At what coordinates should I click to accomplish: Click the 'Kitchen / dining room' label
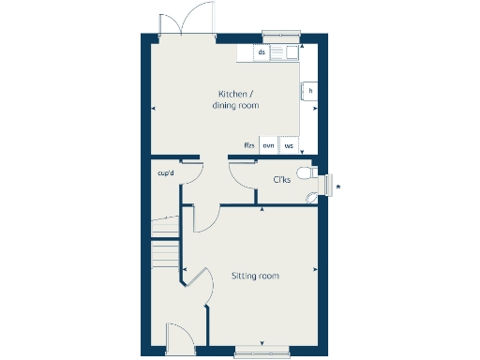(236, 100)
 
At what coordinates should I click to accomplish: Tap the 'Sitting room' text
(255, 276)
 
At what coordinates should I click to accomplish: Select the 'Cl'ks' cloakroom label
(281, 179)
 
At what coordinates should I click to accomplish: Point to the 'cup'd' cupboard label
(167, 172)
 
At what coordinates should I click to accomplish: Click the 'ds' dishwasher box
(262, 52)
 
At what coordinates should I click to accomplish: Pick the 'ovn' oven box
(268, 145)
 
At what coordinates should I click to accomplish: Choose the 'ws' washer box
(290, 145)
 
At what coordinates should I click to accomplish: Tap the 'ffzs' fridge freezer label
(248, 145)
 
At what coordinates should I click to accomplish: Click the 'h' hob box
(309, 91)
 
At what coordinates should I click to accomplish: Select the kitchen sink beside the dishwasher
(285, 52)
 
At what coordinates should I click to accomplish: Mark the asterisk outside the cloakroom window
(338, 187)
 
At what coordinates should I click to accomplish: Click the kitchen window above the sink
(282, 37)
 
